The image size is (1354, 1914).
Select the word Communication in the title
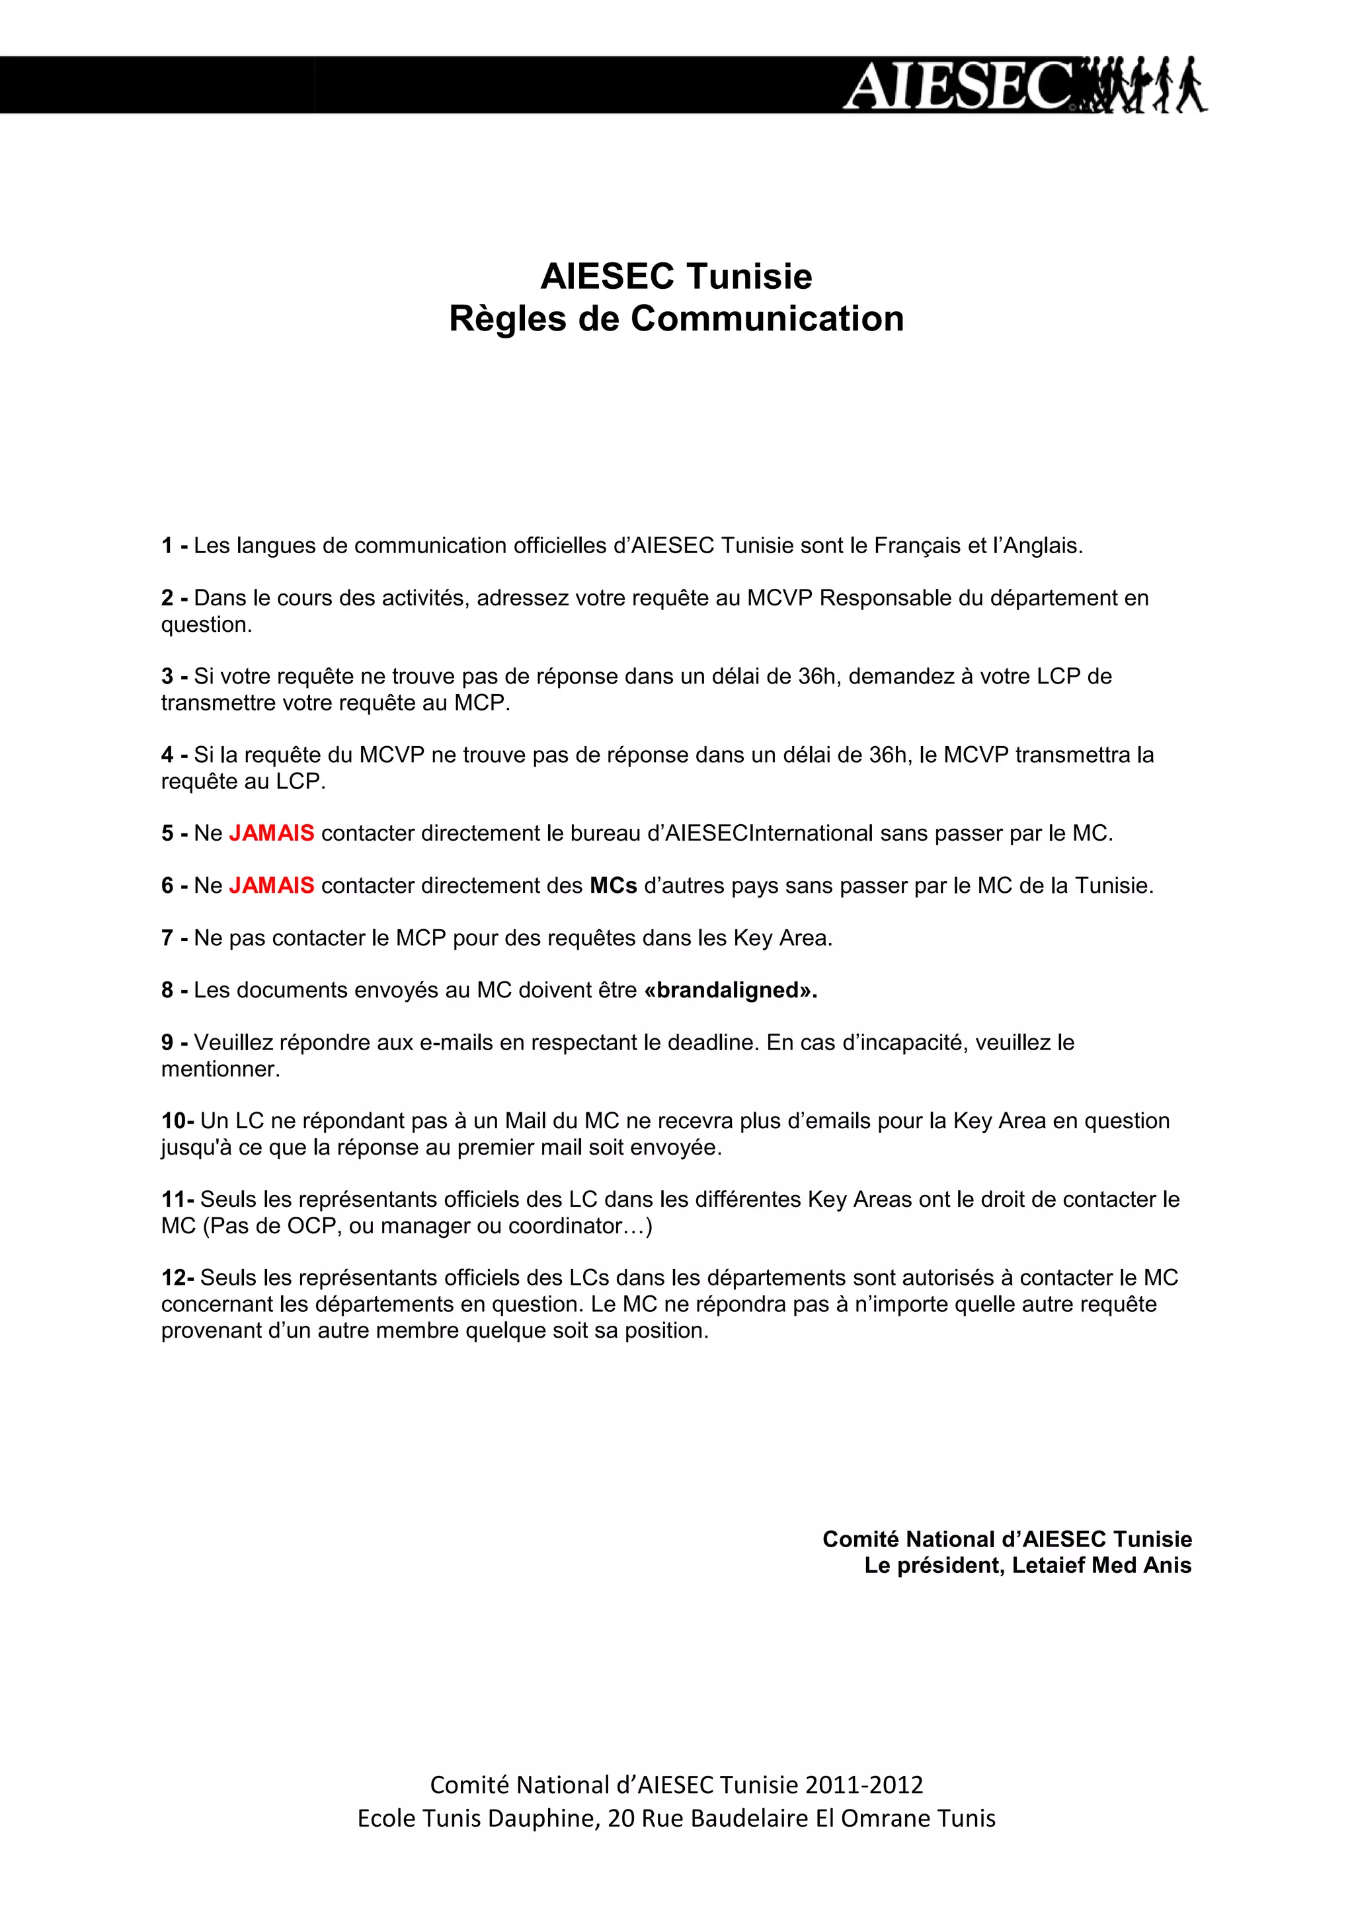pos(767,319)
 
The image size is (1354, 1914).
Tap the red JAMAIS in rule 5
pos(271,833)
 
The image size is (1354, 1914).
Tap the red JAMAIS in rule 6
pos(271,886)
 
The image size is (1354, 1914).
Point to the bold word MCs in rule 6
pos(613,886)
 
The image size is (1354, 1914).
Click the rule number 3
pos(167,676)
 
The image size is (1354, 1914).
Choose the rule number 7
pos(167,938)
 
